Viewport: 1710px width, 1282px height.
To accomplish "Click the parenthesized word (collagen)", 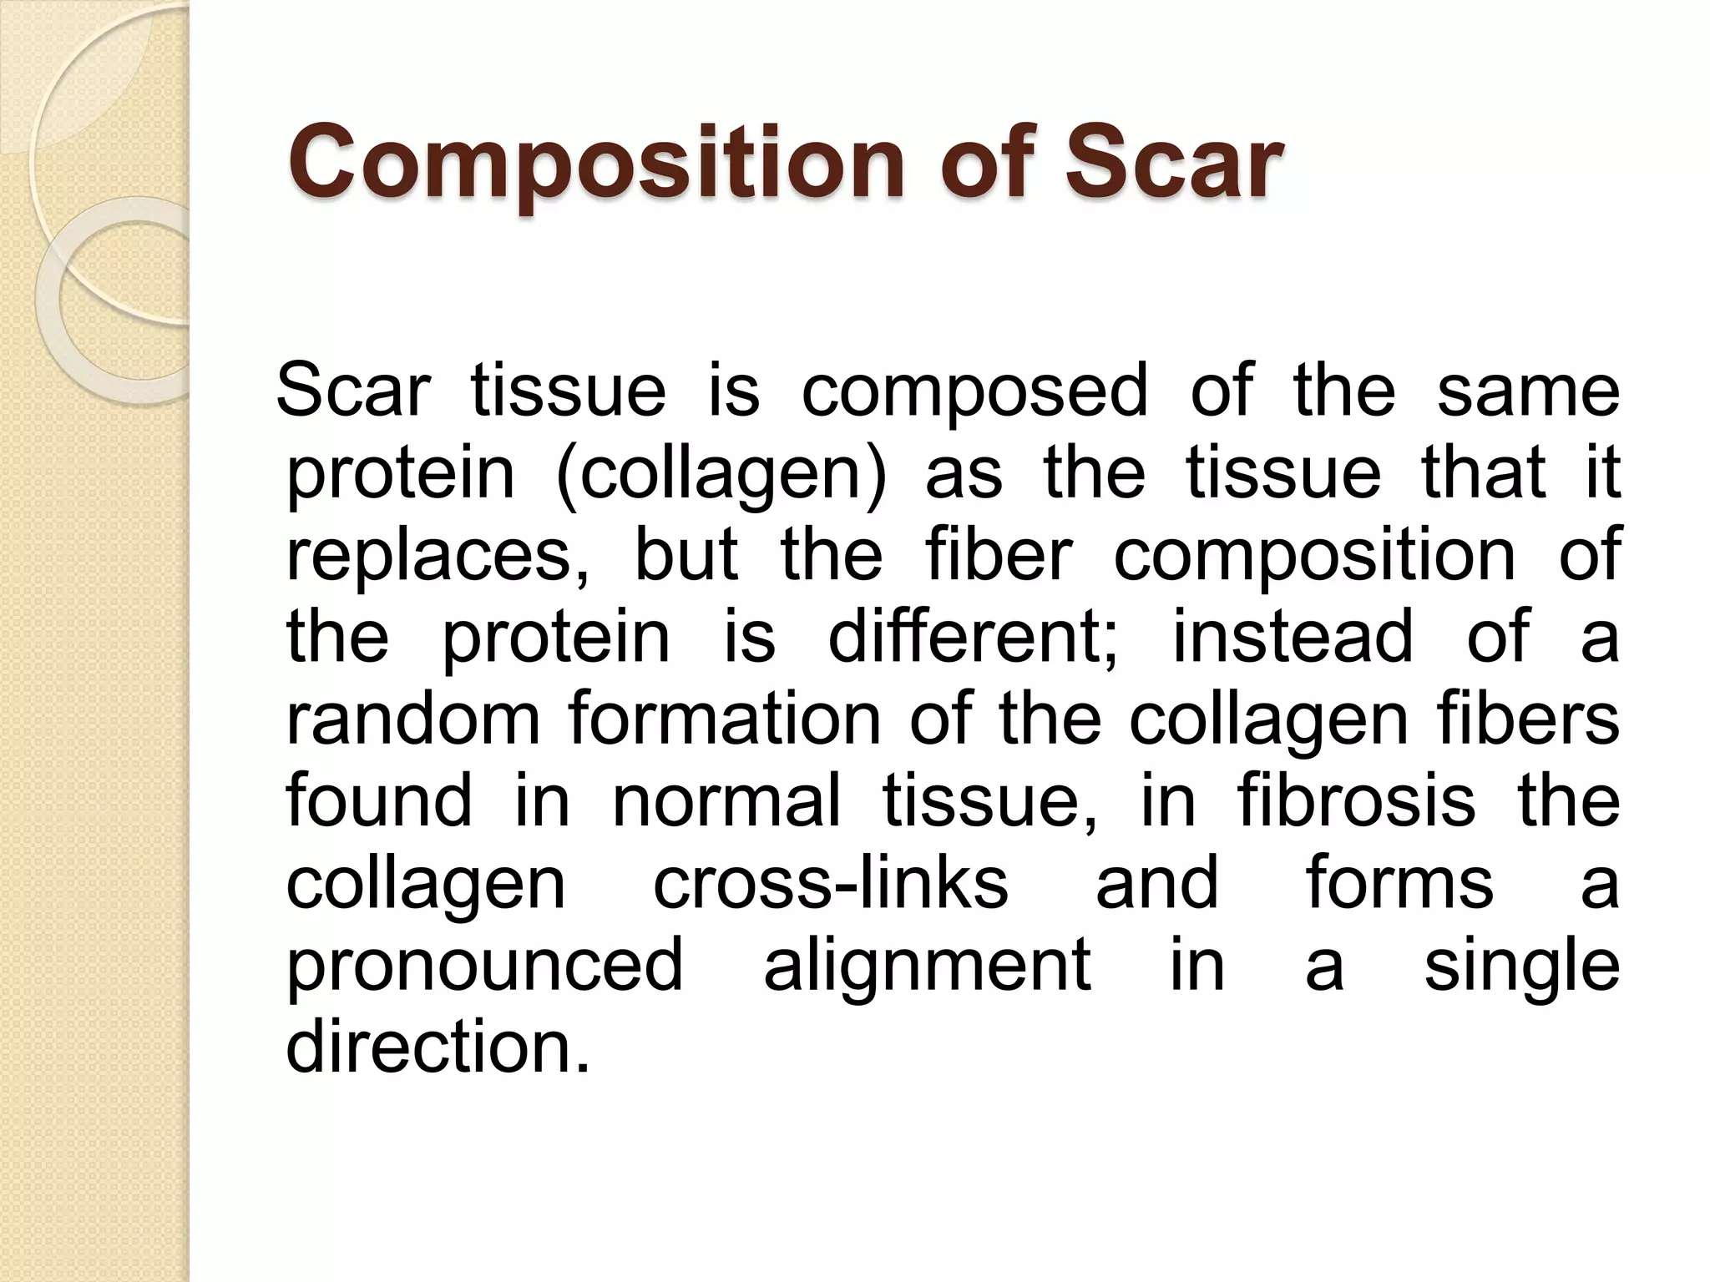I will tap(721, 473).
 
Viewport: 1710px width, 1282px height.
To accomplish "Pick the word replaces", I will tap(438, 555).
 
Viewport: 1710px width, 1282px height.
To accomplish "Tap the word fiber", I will tap(998, 555).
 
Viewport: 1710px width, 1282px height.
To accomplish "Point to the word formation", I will tap(725, 719).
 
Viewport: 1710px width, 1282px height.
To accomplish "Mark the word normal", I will tap(726, 800).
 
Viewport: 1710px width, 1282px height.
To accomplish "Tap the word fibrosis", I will tap(1356, 800).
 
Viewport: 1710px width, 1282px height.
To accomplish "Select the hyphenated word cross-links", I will tap(830, 882).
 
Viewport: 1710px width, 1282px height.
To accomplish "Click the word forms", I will tap(1399, 882).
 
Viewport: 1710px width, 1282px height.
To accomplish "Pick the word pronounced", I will tap(484, 965).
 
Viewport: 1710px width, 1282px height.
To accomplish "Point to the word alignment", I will tap(928, 965).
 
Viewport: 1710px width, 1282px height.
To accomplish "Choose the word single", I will tap(1521, 965).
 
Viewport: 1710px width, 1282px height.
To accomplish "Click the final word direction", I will tap(438, 1046).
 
